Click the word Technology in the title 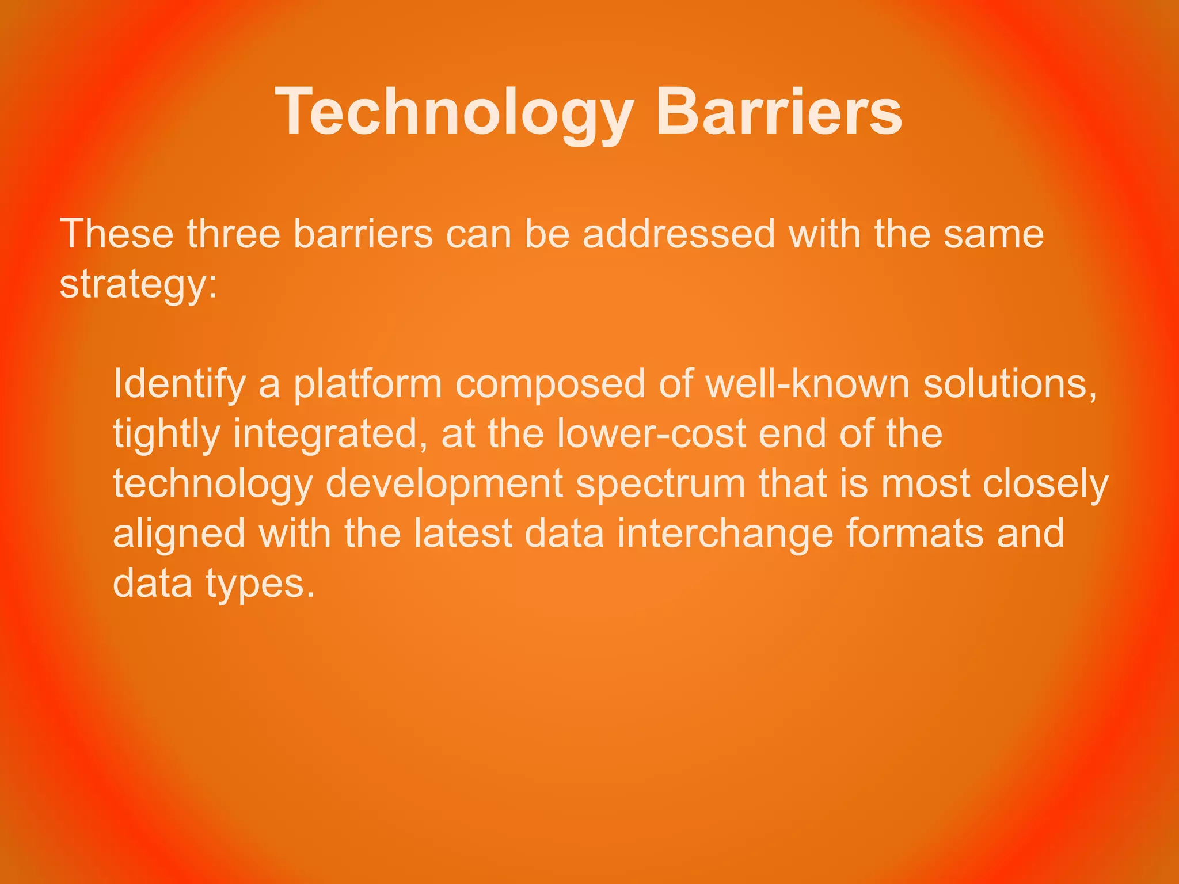tap(455, 112)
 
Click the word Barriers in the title tap(778, 112)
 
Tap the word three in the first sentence tap(233, 234)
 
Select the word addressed tap(679, 234)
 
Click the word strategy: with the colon tap(139, 284)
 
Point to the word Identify tap(179, 384)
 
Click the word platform tap(368, 384)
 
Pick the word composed tap(550, 384)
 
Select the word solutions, tap(1011, 384)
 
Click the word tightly tap(166, 435)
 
